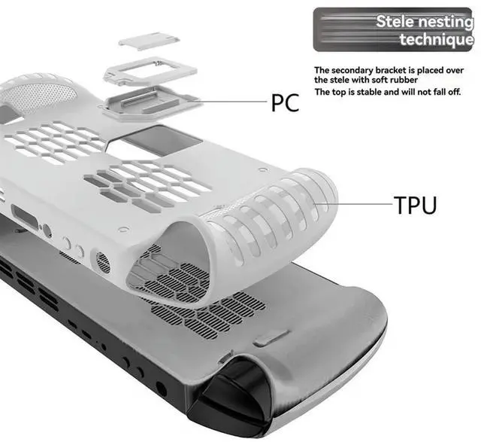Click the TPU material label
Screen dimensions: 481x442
(x=414, y=204)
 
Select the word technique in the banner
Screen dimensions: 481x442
(x=436, y=39)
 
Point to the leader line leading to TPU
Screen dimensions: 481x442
(x=361, y=203)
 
